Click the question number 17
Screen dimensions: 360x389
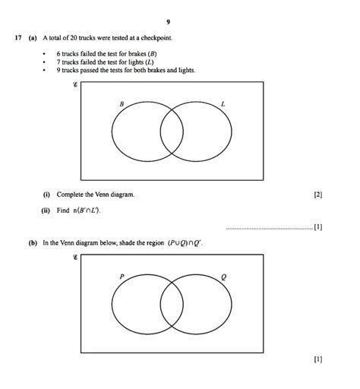(x=17, y=37)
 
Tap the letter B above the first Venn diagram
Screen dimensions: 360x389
(x=122, y=103)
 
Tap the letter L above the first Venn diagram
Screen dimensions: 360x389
(x=223, y=103)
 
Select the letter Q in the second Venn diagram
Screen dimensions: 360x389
(x=223, y=277)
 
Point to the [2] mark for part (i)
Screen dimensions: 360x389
(x=317, y=195)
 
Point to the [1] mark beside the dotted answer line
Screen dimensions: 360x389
(x=317, y=226)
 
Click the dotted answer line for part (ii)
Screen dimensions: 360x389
(x=270, y=227)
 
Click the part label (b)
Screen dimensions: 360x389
(x=34, y=243)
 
